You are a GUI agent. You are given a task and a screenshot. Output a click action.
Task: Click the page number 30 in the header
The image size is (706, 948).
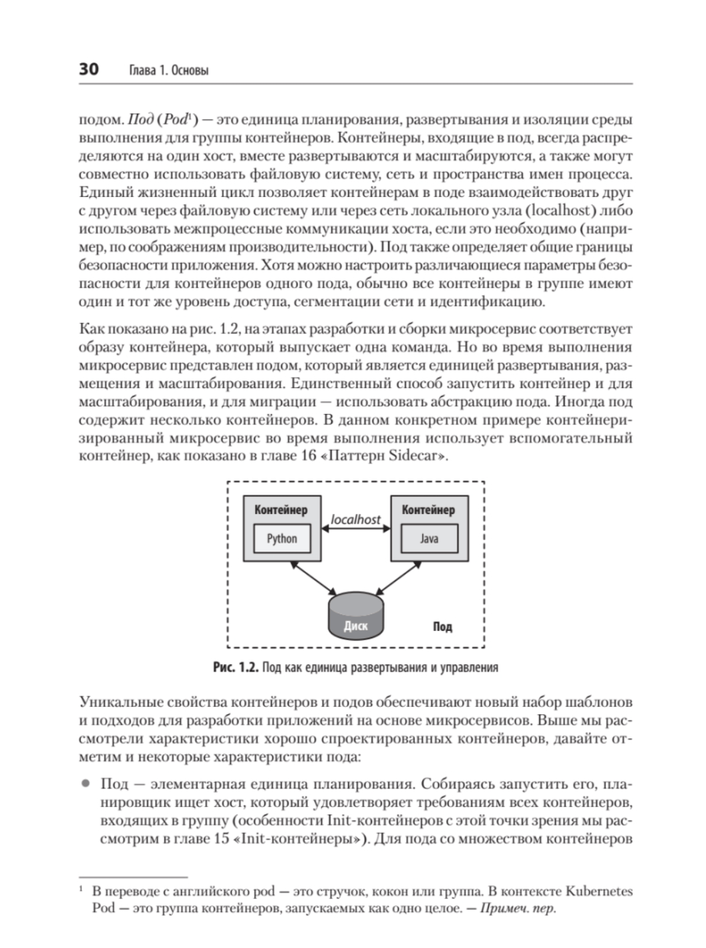[89, 69]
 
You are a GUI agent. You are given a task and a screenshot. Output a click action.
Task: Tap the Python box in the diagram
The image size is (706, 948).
[282, 539]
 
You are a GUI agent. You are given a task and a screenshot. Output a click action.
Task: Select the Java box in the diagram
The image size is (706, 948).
[429, 539]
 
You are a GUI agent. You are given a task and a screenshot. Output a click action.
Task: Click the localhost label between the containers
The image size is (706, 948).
[356, 519]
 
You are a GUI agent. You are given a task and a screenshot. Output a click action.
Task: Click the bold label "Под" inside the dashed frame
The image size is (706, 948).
[442, 626]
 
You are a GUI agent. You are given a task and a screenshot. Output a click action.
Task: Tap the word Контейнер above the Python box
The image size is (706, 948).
[281, 510]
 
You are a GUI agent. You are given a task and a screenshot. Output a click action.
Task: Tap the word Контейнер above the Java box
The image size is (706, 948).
[428, 510]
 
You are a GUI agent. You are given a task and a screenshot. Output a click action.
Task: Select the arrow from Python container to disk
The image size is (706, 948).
[314, 578]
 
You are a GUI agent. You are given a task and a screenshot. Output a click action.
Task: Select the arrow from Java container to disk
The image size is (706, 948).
[398, 578]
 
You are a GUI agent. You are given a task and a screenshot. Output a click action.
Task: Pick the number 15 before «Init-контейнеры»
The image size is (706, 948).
[224, 839]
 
